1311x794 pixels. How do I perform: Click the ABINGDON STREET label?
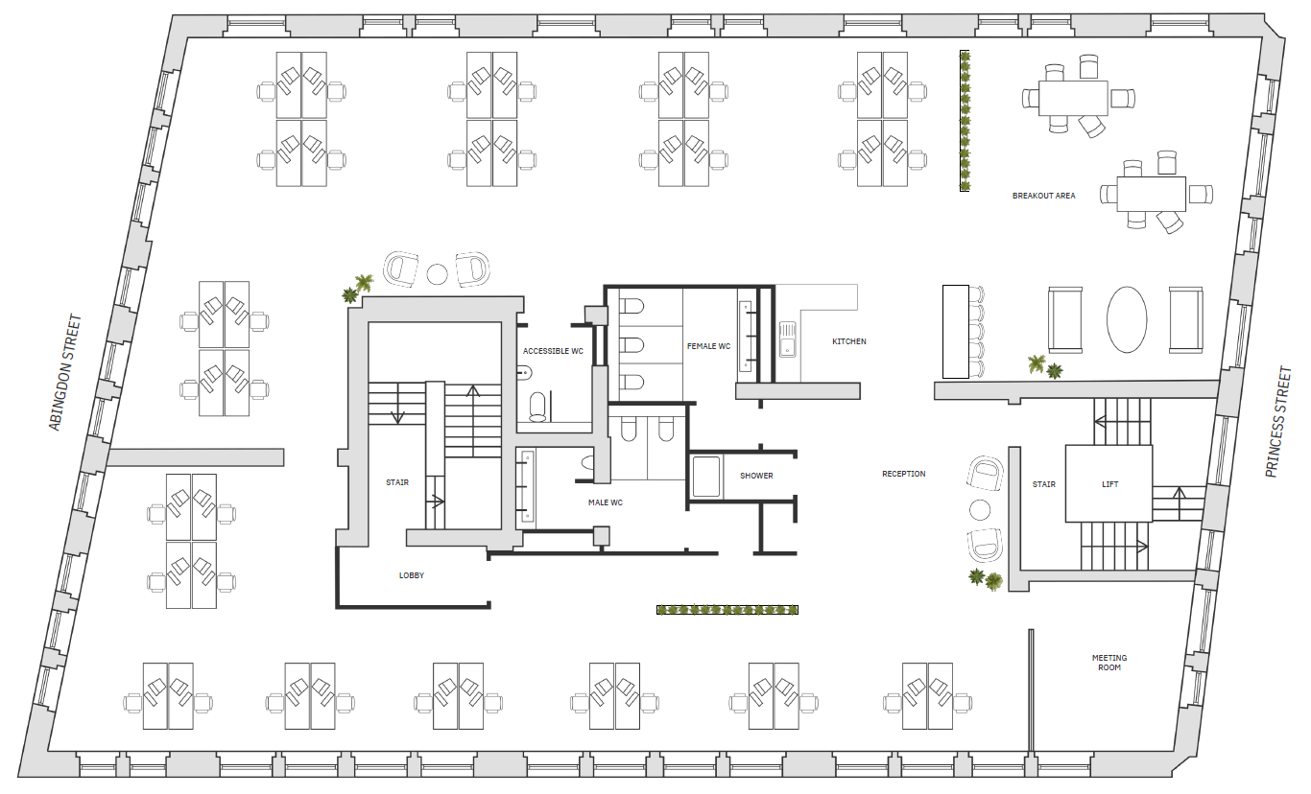point(65,372)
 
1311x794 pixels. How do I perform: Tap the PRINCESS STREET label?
point(1278,422)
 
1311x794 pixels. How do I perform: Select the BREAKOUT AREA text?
point(1043,196)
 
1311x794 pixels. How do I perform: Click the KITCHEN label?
point(848,341)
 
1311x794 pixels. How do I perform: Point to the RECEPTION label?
point(904,474)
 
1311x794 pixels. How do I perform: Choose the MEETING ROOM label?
point(1109,663)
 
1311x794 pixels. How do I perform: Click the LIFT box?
point(1109,483)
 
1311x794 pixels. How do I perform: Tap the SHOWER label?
point(756,476)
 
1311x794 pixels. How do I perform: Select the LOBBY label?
point(412,575)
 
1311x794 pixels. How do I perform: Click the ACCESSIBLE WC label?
point(553,351)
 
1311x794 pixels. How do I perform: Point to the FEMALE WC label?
point(708,346)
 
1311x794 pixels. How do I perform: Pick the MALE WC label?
point(606,502)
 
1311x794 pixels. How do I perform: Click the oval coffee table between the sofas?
point(1127,319)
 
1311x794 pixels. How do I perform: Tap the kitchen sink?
point(787,339)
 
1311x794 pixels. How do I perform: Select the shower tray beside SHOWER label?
point(705,477)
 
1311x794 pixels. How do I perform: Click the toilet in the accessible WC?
point(537,407)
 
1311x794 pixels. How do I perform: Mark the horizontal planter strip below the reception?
point(727,611)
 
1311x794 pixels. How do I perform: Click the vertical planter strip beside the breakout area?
point(965,121)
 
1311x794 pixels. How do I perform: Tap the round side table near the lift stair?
point(980,510)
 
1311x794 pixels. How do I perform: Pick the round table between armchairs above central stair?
point(438,274)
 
